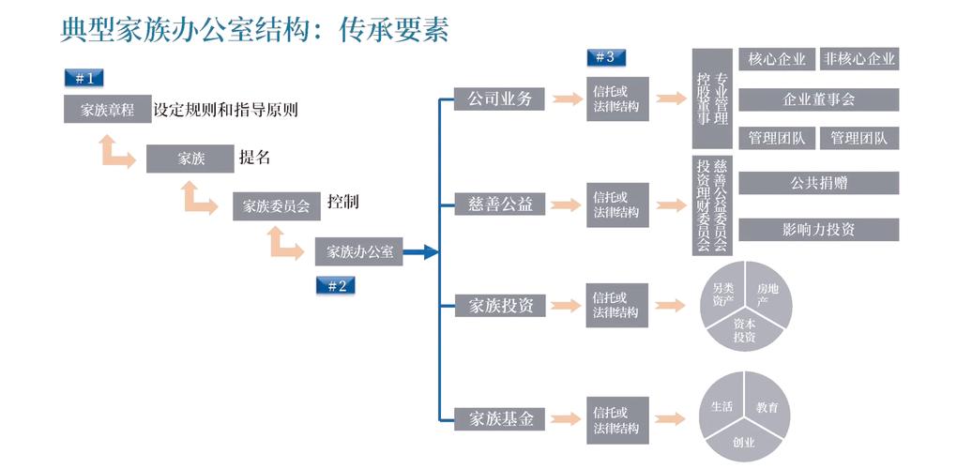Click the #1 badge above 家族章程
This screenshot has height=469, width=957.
(x=84, y=78)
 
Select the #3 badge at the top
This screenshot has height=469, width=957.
(x=605, y=57)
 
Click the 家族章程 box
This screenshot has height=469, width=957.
(x=107, y=110)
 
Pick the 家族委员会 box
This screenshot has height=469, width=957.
(x=276, y=206)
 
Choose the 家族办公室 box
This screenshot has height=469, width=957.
(x=358, y=251)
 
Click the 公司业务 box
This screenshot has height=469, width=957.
(x=499, y=98)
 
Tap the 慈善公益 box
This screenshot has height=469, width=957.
(x=499, y=204)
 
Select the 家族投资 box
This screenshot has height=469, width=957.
(x=499, y=305)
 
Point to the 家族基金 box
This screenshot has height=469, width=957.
(x=499, y=418)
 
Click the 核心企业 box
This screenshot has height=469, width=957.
(x=777, y=59)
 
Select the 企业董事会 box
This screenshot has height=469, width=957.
(x=818, y=99)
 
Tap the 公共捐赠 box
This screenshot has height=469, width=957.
(x=818, y=183)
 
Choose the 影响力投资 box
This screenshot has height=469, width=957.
(x=818, y=229)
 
